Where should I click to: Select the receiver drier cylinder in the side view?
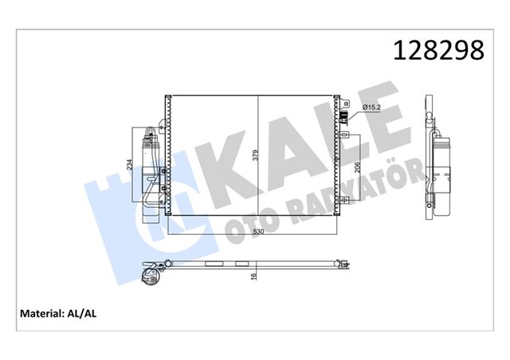(x=440, y=171)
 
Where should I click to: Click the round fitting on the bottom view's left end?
(x=148, y=276)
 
